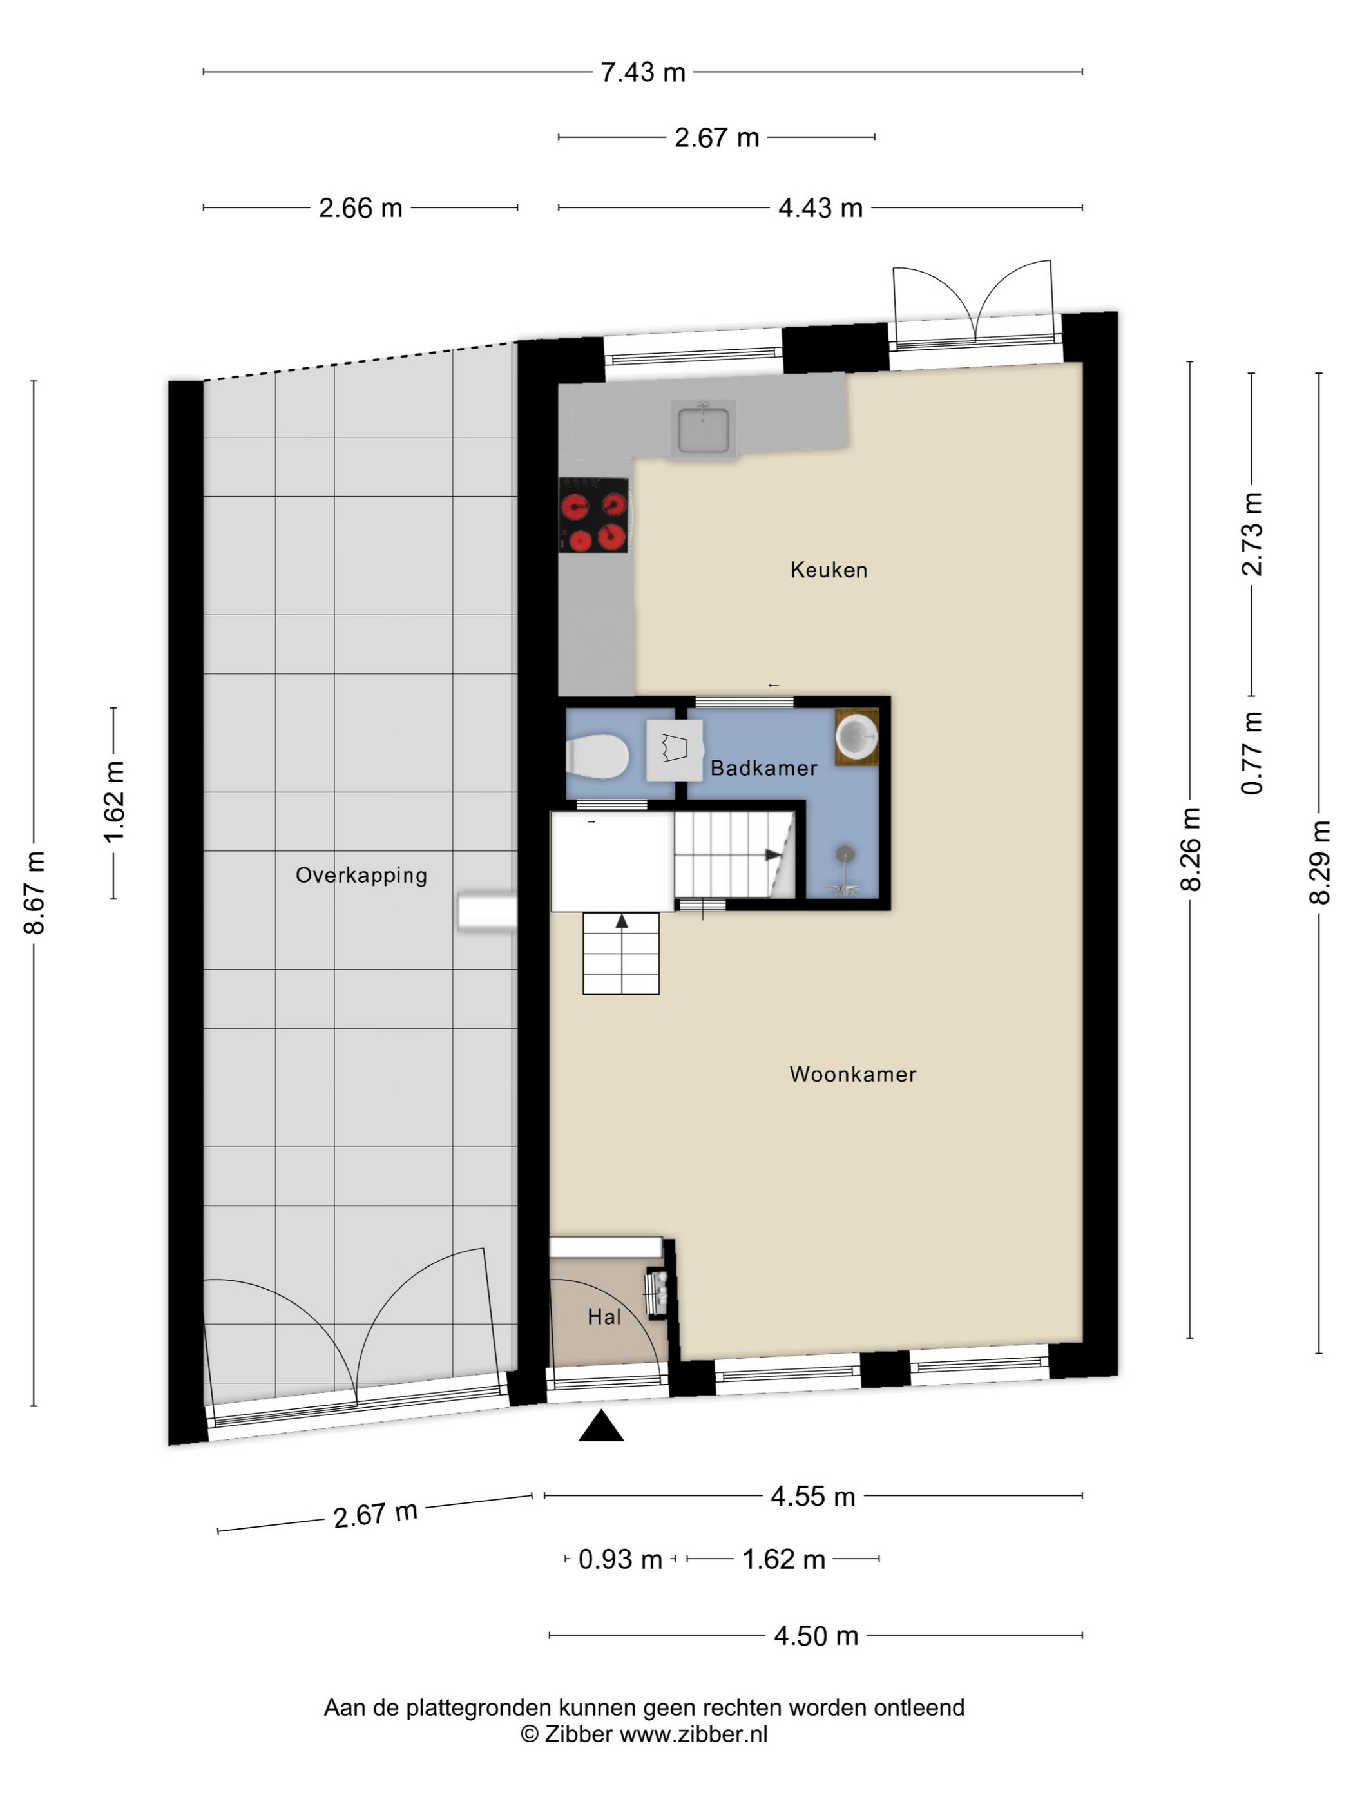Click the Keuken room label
click(x=828, y=570)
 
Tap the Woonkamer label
click(x=852, y=1073)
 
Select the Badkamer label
click(x=763, y=767)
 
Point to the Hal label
click(x=604, y=1316)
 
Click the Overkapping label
click(x=361, y=875)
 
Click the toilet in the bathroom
click(x=597, y=756)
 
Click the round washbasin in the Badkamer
click(x=856, y=736)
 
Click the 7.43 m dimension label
click(x=642, y=73)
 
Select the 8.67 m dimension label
click(x=34, y=892)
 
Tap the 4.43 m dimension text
click(x=820, y=208)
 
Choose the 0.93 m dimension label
click(x=620, y=1559)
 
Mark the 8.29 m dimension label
click(x=1319, y=862)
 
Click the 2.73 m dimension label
click(x=1252, y=533)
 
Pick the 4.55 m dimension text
click(x=812, y=1496)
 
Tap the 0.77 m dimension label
click(x=1252, y=752)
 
